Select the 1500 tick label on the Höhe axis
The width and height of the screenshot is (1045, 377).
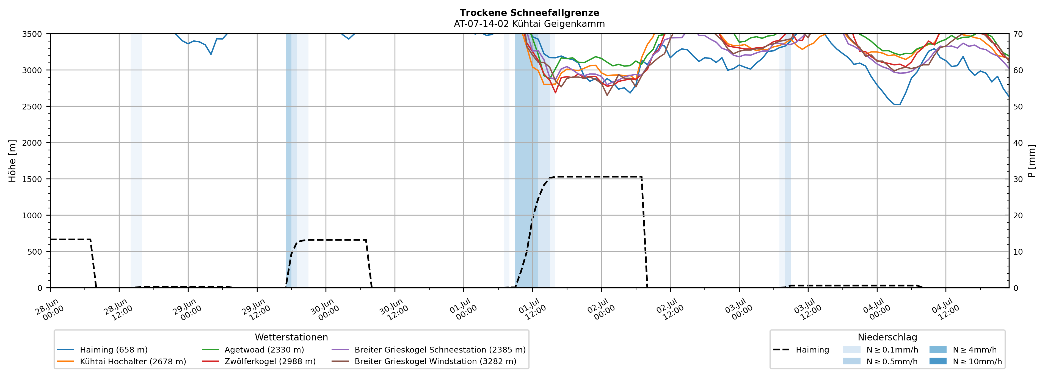(32, 179)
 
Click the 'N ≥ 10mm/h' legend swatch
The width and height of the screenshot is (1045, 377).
(938, 361)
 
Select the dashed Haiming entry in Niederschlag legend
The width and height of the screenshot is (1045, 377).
(801, 350)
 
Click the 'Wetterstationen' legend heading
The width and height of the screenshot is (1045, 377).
(291, 337)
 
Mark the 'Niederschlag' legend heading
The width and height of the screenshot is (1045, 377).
(887, 337)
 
